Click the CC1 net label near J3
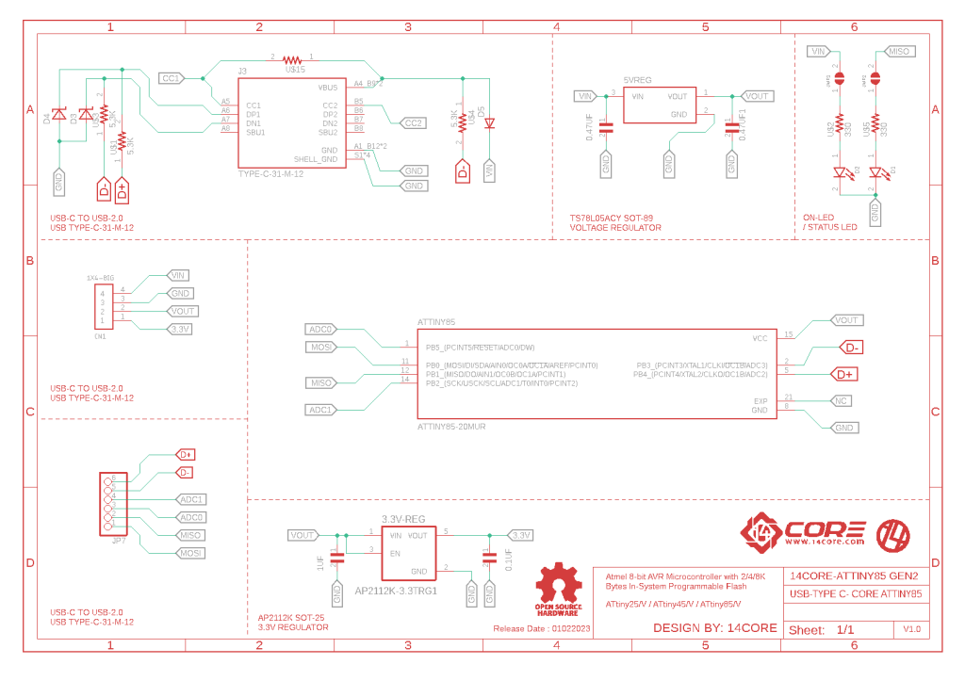(x=172, y=78)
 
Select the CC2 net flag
(x=413, y=122)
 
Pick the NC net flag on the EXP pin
(x=844, y=401)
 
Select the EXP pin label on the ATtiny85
(x=761, y=400)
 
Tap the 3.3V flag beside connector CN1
(x=179, y=329)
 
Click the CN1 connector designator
(x=100, y=336)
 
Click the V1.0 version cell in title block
(x=911, y=628)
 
